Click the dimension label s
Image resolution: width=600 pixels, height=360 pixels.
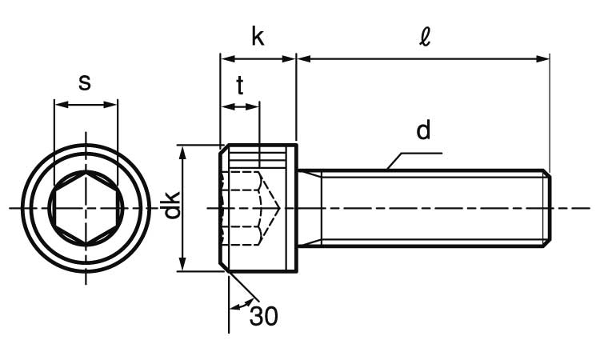click(x=85, y=82)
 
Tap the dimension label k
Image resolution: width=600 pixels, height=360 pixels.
click(x=258, y=37)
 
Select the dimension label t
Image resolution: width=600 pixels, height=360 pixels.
click(x=239, y=86)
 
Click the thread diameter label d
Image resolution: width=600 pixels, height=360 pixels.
click(x=423, y=130)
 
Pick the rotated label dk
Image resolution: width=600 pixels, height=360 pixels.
click(x=170, y=207)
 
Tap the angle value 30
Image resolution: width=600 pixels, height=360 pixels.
click(x=263, y=317)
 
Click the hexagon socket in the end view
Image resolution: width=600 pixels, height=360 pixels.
click(x=85, y=208)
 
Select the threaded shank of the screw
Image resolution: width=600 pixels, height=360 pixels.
click(x=432, y=208)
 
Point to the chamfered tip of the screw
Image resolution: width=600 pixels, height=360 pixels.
click(x=547, y=208)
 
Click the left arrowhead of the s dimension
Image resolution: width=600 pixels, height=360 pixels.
click(x=58, y=104)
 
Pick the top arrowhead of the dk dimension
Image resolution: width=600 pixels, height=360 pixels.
click(x=184, y=150)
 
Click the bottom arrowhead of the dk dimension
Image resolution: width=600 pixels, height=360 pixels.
click(x=184, y=266)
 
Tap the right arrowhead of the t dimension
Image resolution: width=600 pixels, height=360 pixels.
click(x=254, y=106)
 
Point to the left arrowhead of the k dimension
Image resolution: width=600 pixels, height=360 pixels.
click(x=226, y=58)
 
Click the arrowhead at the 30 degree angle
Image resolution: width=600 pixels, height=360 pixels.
click(x=234, y=306)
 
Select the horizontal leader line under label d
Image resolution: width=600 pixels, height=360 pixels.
click(x=416, y=153)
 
